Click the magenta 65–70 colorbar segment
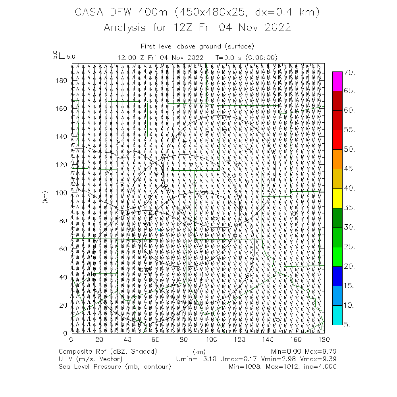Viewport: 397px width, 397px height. pyautogui.click(x=337, y=81)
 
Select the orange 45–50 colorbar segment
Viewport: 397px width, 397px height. pyautogui.click(x=337, y=159)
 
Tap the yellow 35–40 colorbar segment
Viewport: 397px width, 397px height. pyautogui.click(x=337, y=198)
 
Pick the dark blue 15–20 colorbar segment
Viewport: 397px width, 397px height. pyautogui.click(x=337, y=276)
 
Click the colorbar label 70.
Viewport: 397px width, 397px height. pyautogui.click(x=349, y=73)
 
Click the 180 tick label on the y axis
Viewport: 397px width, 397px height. pyautogui.click(x=62, y=80)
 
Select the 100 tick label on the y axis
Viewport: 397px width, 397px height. pyautogui.click(x=62, y=193)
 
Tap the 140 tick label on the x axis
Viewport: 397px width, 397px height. pyautogui.click(x=268, y=339)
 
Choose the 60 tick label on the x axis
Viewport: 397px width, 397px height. pyautogui.click(x=156, y=339)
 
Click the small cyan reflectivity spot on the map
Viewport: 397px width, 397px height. pyautogui.click(x=159, y=230)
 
